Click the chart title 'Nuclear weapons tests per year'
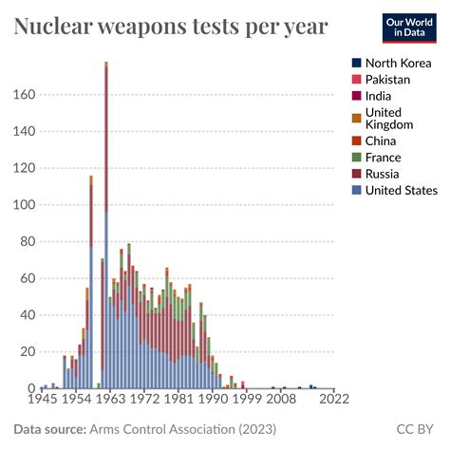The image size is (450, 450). click(171, 27)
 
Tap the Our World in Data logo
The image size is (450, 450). click(410, 27)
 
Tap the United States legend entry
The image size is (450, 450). click(400, 190)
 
